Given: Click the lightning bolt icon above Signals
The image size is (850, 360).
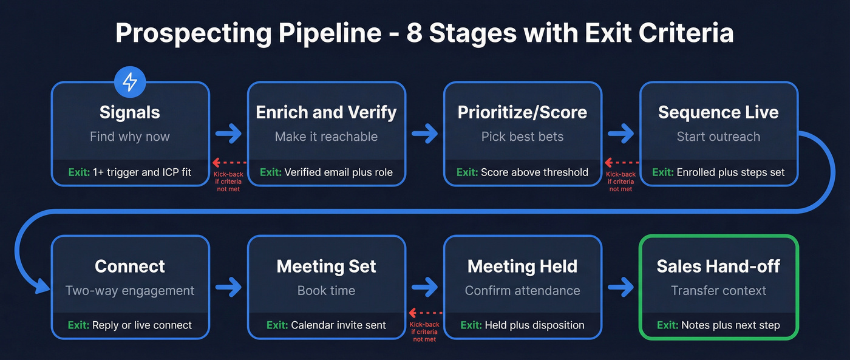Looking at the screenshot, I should [130, 82].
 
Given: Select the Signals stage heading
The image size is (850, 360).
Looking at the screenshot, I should [130, 112].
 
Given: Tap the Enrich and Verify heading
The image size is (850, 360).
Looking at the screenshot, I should [326, 112].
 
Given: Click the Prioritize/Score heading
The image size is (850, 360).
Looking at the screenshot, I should [522, 112].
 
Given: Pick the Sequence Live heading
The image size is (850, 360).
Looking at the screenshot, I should [718, 112].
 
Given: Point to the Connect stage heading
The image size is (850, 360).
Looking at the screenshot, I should [130, 266].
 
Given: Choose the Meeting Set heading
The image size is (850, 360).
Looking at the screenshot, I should [326, 266].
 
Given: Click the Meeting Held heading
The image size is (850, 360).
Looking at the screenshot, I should [522, 266].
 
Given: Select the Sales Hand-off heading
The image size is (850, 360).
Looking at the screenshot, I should [718, 266].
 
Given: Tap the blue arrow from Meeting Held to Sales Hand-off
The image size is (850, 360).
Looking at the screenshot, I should [620, 288].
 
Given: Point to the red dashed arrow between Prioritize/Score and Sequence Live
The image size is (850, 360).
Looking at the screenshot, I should [620, 163].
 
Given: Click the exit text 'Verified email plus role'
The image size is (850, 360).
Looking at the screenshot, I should [338, 172].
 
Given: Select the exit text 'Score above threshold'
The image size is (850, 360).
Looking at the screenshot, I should [534, 172].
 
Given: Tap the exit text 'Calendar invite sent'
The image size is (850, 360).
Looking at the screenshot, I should [338, 325].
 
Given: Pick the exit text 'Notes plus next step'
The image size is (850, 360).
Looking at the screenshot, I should [730, 325].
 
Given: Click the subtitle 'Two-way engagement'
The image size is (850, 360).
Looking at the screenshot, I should [130, 291].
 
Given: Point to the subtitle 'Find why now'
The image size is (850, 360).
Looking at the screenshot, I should [130, 137].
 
